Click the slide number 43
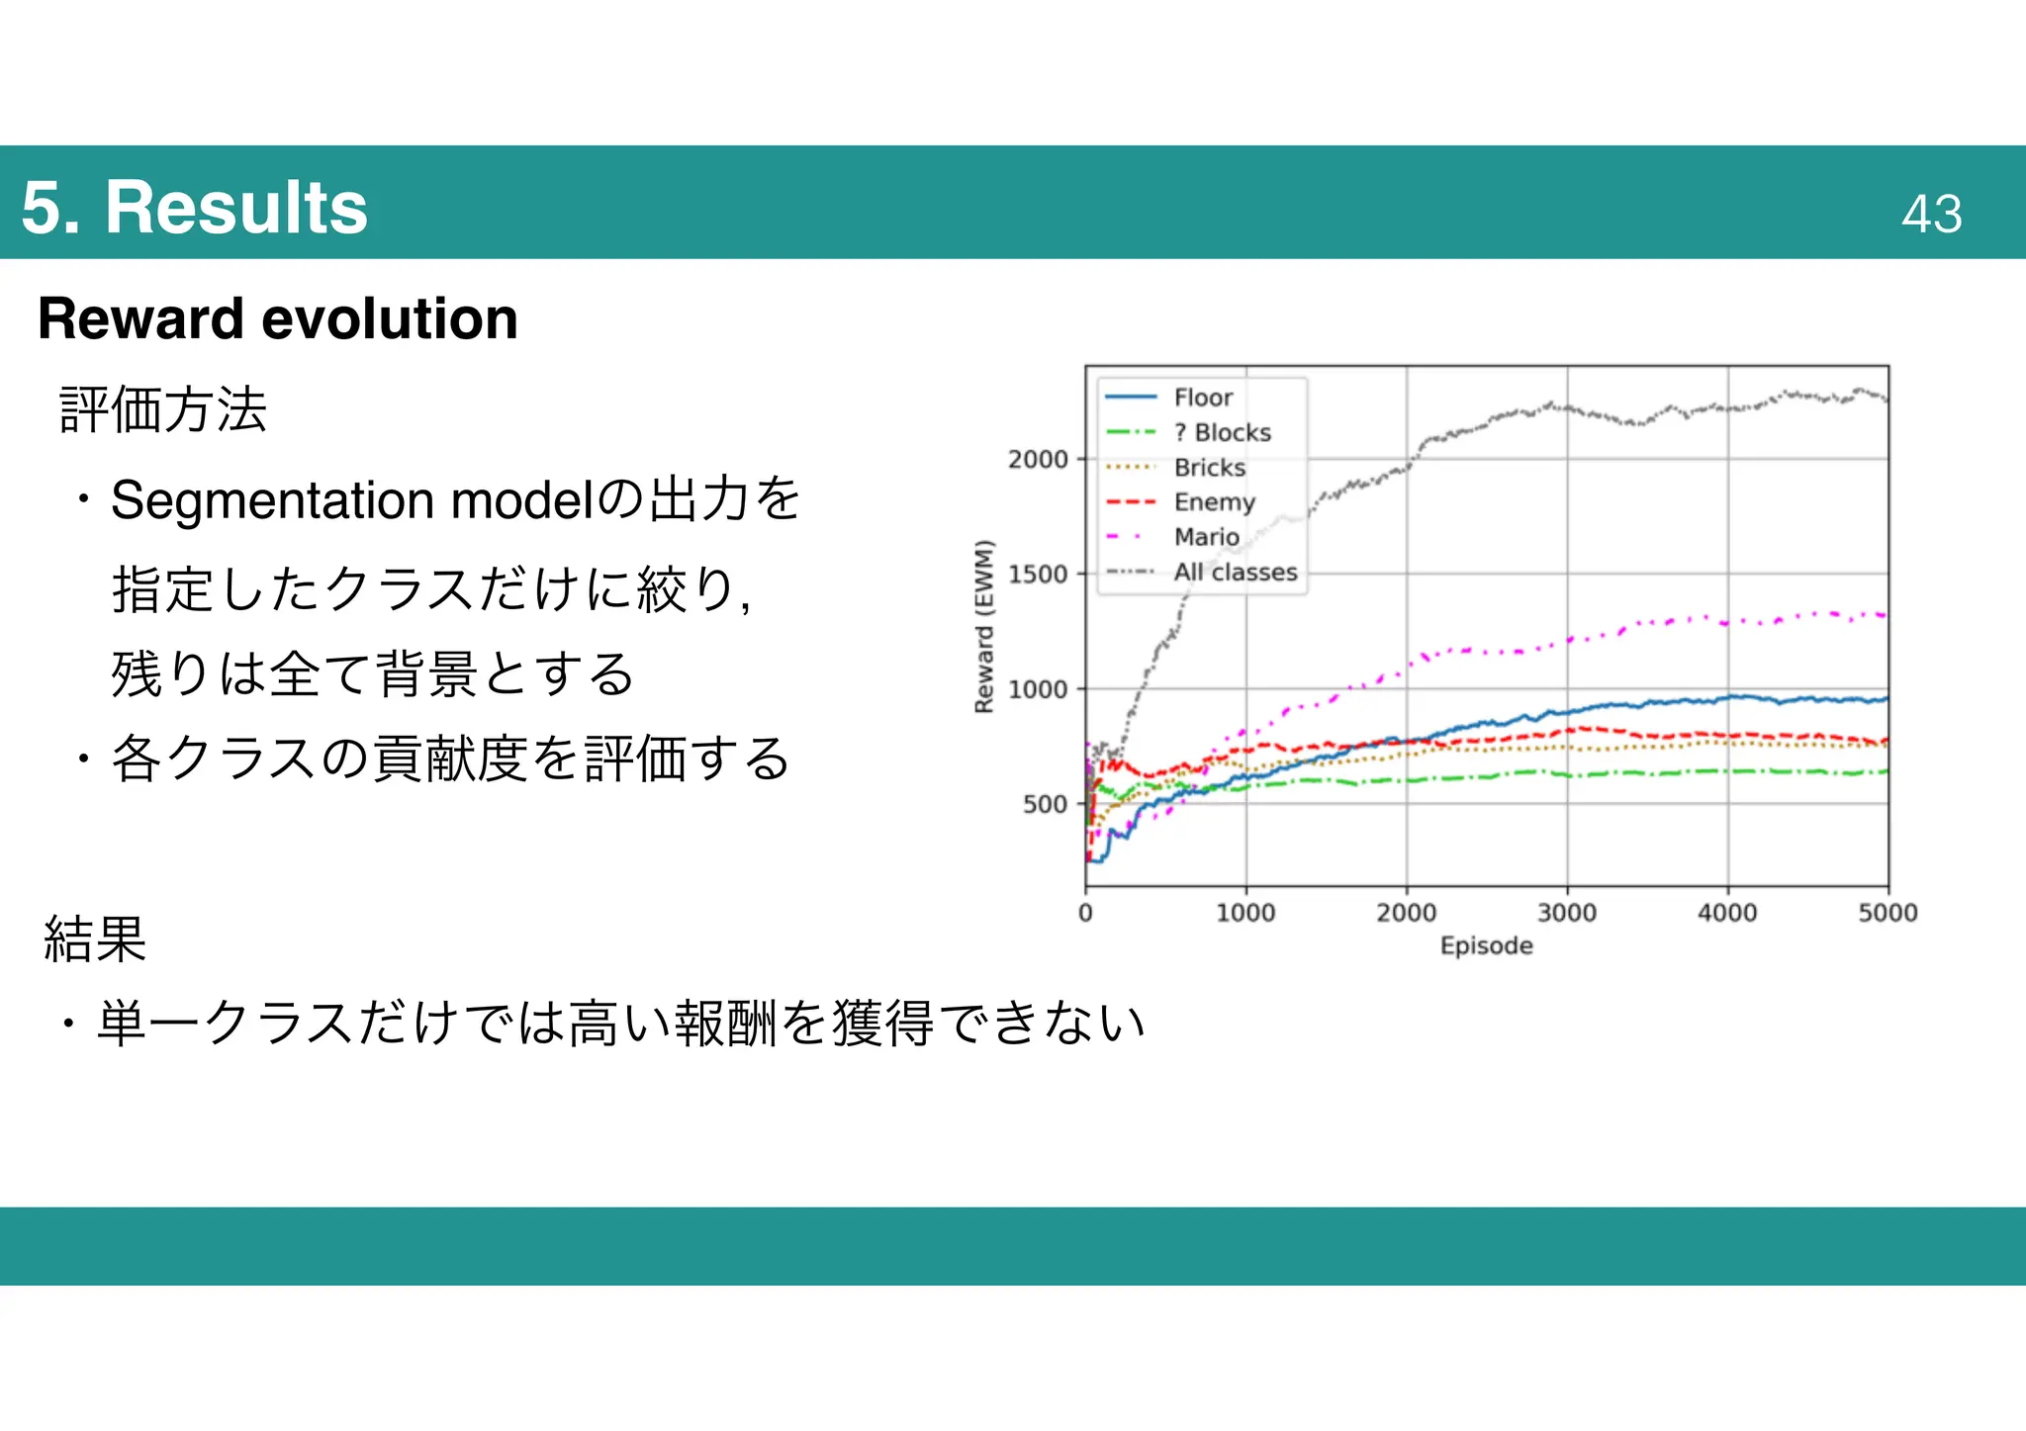[x=1931, y=214]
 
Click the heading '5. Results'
[x=194, y=208]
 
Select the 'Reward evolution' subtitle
[x=278, y=318]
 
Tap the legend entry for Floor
[x=1202, y=398]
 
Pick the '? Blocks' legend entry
[x=1222, y=432]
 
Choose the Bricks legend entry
[x=1209, y=467]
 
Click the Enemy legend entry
[x=1214, y=502]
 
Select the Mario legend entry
[x=1206, y=537]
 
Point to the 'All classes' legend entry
[x=1235, y=572]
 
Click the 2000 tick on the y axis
[x=1038, y=459]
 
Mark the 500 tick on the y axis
[x=1045, y=804]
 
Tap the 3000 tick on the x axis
[x=1567, y=912]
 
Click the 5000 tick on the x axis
[x=1887, y=912]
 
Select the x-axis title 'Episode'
[x=1486, y=945]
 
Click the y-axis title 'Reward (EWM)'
[x=983, y=626]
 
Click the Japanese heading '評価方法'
[x=163, y=409]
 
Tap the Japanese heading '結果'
[x=95, y=939]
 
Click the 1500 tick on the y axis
[x=1038, y=574]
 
